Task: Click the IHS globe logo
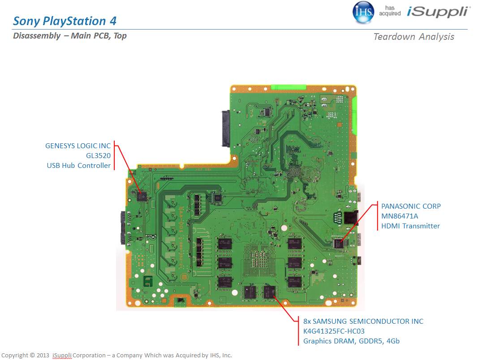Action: tap(363, 12)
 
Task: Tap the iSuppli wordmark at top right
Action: tap(439, 12)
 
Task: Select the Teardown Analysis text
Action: tap(413, 37)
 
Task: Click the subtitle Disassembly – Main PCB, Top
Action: tap(70, 36)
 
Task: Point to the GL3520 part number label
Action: tap(98, 155)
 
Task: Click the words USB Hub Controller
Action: tap(78, 165)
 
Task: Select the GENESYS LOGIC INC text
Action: tap(78, 146)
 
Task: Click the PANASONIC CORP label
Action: tap(411, 206)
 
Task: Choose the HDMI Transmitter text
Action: tap(410, 226)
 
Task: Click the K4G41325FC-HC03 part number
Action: tap(334, 331)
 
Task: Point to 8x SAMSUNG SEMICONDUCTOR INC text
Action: tap(363, 321)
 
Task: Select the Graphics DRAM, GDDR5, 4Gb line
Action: tap(351, 341)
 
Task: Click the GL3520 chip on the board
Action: tap(142, 196)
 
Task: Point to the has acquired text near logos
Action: tap(390, 11)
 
